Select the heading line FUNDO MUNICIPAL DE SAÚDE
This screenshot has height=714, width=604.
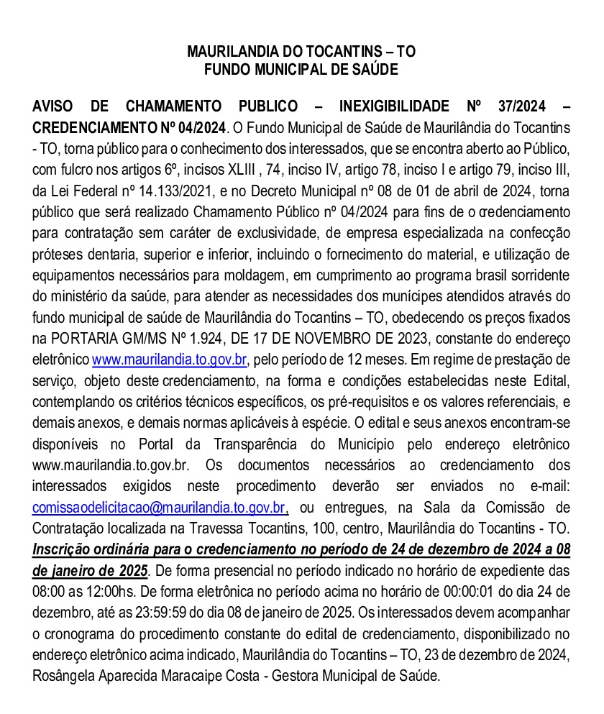301,70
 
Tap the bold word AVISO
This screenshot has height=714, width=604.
55,107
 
